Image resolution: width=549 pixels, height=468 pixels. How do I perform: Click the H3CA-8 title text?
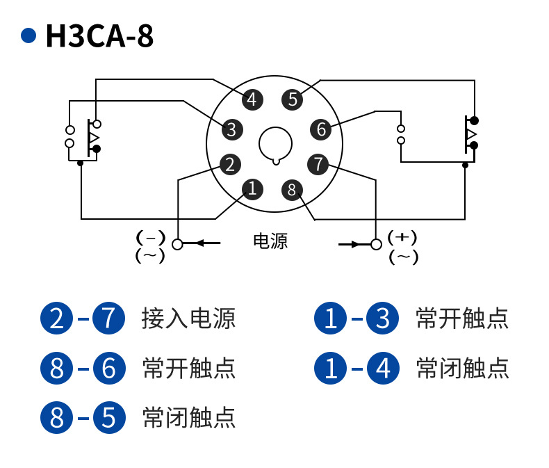(x=99, y=36)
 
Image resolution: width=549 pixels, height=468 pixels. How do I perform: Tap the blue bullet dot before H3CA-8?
(x=28, y=35)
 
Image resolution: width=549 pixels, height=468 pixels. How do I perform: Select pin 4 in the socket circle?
(x=252, y=99)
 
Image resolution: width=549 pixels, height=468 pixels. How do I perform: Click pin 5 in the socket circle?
(x=293, y=99)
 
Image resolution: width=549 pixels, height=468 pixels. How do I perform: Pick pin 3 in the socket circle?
(x=231, y=129)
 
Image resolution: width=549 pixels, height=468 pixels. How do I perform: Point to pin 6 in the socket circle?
(x=320, y=129)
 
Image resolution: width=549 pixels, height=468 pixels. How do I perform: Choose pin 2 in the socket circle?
(x=230, y=165)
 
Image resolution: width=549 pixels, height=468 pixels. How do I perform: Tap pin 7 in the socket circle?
(x=318, y=165)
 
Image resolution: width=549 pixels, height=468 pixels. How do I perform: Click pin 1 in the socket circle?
(x=252, y=188)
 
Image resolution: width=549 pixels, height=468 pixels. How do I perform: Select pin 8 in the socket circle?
(x=292, y=189)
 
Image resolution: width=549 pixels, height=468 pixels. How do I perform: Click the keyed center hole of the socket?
(x=276, y=144)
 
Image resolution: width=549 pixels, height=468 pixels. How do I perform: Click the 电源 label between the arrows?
(x=270, y=242)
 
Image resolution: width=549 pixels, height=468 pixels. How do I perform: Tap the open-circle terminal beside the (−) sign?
(x=178, y=244)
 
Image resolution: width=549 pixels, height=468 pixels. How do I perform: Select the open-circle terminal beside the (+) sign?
(x=377, y=244)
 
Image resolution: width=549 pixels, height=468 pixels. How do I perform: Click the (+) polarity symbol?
(x=402, y=237)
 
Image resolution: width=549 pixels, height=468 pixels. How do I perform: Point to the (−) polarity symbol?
(x=151, y=237)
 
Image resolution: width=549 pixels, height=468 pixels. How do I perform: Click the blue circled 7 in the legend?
(x=108, y=318)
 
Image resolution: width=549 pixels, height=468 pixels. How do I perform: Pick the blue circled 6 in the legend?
(x=108, y=368)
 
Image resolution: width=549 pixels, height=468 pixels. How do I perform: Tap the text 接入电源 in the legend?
(x=188, y=318)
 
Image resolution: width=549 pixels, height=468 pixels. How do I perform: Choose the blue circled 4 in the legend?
(x=383, y=368)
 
